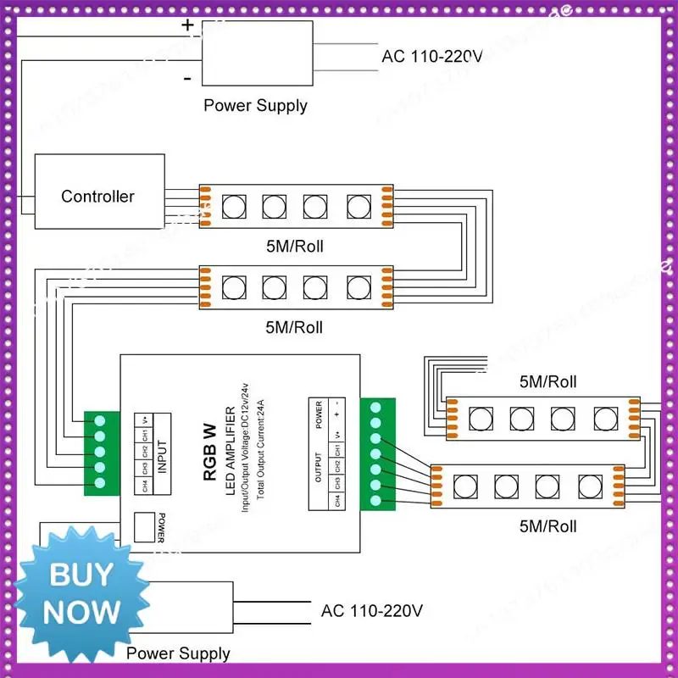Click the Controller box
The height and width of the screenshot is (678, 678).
(97, 196)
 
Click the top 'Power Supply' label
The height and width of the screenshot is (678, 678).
(255, 106)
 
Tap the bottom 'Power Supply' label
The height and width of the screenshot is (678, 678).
(178, 653)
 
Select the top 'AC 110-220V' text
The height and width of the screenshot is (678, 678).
(432, 58)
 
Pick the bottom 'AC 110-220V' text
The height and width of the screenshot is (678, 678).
(371, 611)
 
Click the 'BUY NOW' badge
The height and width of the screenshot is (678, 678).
(81, 593)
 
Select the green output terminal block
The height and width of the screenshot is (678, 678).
(377, 454)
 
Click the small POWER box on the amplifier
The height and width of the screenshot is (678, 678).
(147, 528)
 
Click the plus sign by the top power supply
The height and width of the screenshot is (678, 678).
(187, 25)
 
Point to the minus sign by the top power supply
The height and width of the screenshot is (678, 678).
(186, 79)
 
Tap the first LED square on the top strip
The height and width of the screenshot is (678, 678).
(232, 205)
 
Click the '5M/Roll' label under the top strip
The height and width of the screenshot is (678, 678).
(294, 247)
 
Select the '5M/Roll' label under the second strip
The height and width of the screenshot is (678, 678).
(294, 326)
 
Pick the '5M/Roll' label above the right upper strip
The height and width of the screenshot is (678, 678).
(547, 381)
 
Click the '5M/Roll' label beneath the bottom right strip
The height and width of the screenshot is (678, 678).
(547, 526)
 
